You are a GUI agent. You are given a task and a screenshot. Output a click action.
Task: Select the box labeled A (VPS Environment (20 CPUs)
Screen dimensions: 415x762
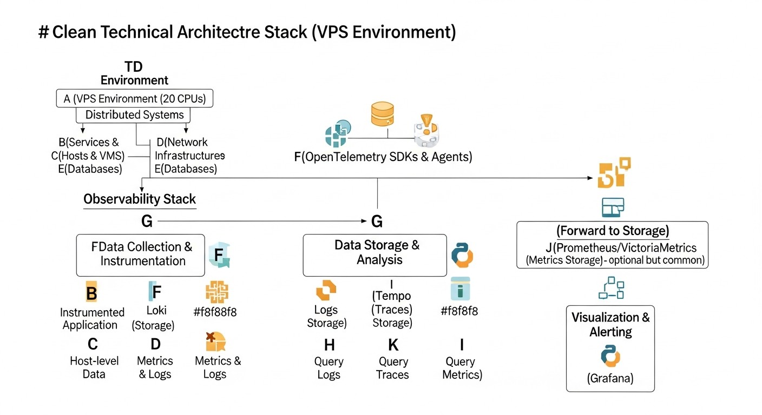pos(135,98)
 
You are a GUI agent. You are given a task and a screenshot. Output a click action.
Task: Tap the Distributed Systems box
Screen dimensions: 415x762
pos(135,115)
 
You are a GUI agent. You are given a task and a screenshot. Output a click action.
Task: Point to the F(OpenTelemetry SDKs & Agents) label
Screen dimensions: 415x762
pos(383,157)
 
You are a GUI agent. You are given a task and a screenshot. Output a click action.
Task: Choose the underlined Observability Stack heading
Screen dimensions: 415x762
pos(140,199)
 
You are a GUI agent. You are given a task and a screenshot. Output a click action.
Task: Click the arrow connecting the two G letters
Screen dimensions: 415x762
pos(260,221)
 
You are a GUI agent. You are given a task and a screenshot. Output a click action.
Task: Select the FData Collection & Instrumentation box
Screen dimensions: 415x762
pos(141,255)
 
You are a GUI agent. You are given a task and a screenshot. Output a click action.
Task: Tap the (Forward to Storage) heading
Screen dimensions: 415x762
pos(612,231)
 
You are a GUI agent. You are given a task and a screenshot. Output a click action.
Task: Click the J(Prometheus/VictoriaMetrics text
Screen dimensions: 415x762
pos(621,248)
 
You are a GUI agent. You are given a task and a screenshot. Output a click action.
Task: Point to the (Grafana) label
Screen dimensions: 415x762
pos(610,379)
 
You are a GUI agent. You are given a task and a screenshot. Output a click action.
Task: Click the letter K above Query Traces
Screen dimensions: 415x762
pos(393,345)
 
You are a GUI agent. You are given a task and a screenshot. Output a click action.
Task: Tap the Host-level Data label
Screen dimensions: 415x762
pos(94,367)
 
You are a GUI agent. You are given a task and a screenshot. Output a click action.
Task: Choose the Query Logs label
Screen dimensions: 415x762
pos(329,368)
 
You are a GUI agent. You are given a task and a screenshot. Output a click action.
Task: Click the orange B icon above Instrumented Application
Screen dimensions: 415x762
pos(92,293)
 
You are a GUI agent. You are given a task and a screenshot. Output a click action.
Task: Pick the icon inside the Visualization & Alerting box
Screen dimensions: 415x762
pos(610,356)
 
